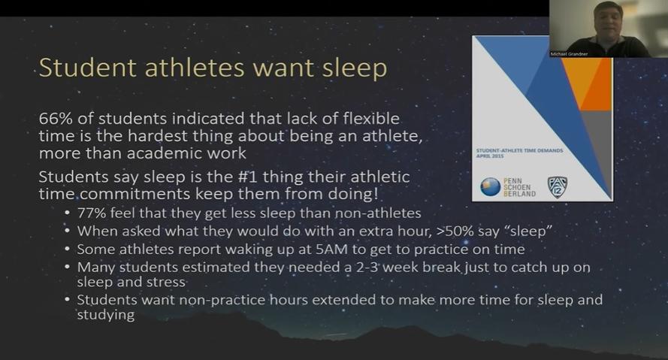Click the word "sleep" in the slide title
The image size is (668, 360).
point(355,68)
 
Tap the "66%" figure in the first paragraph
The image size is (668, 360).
point(56,119)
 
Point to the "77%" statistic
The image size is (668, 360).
point(91,213)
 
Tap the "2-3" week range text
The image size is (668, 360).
point(367,267)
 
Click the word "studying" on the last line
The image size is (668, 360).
point(106,315)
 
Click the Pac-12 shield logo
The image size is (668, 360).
point(558,187)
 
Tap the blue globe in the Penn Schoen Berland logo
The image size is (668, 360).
point(491,187)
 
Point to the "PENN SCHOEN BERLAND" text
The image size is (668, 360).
point(519,187)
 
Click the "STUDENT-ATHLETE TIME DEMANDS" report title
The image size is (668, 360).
point(519,150)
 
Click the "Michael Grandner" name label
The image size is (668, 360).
point(569,54)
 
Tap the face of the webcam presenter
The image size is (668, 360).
point(607,23)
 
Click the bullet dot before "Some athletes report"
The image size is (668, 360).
point(68,249)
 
